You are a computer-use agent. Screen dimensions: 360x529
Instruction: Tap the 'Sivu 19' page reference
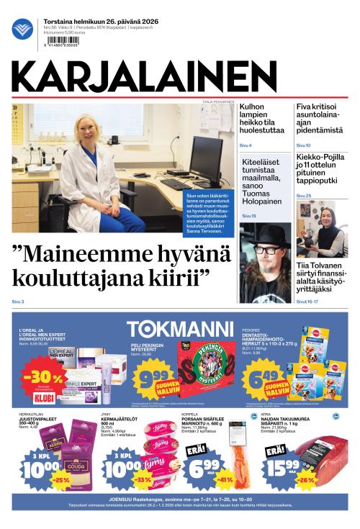[x=249, y=215]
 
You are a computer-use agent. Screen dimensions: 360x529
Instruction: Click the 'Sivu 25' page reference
[x=304, y=195]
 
